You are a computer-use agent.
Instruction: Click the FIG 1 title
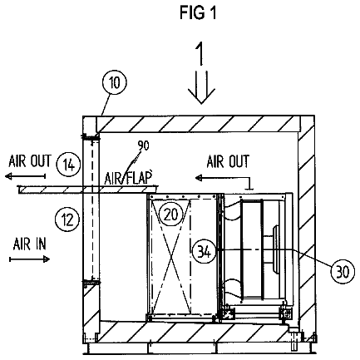point(198,12)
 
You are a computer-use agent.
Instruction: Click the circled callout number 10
point(114,82)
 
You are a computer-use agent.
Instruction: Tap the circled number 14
point(68,165)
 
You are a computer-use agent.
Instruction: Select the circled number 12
point(67,220)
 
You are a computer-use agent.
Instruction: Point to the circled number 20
point(170,214)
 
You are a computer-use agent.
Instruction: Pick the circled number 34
point(205,252)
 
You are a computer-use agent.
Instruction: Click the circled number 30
point(343,271)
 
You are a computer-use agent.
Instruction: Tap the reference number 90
point(144,145)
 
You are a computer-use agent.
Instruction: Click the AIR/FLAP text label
point(128,178)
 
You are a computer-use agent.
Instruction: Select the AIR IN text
point(30,244)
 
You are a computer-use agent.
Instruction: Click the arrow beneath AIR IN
point(29,259)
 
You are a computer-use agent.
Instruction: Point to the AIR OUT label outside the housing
point(30,161)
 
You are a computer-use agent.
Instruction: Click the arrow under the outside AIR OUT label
point(25,176)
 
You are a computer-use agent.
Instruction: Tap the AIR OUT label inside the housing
point(228,161)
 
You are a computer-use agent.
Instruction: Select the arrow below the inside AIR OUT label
point(223,178)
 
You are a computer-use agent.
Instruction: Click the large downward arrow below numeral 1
point(201,87)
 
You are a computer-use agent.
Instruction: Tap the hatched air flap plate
point(88,190)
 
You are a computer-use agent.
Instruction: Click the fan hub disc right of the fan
point(276,250)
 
